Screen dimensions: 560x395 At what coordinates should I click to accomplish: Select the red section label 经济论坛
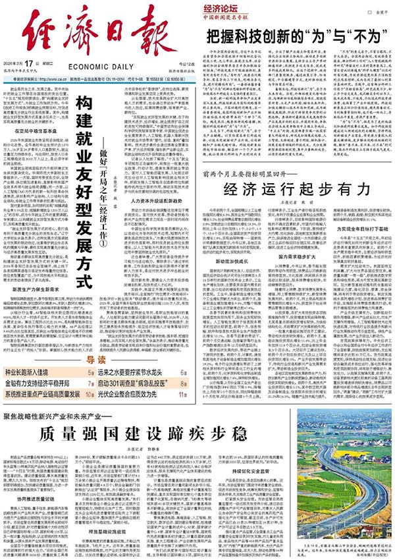(x=226, y=11)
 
